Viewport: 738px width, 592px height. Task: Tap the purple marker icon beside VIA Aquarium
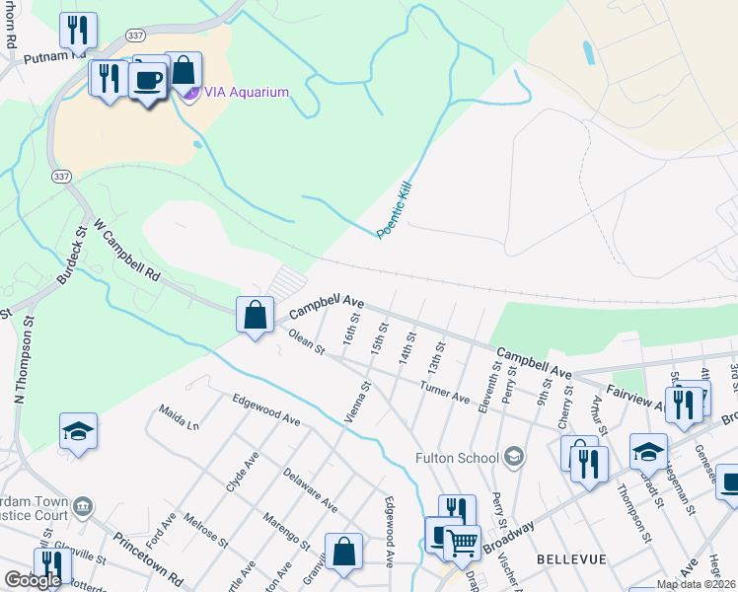[190, 93]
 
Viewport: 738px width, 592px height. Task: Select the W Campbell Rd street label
[126, 252]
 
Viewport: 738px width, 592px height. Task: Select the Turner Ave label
[445, 391]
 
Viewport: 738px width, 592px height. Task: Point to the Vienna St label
[356, 402]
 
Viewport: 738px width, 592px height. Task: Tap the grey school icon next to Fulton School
[513, 456]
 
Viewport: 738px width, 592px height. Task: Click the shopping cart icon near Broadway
[461, 542]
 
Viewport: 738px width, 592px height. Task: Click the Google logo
[33, 580]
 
